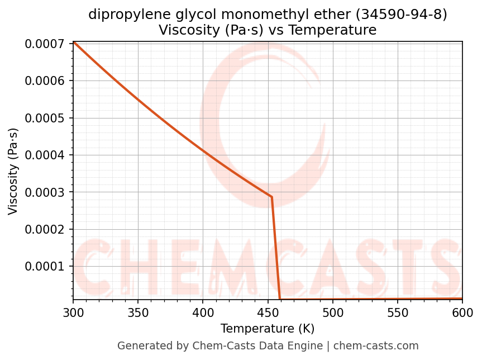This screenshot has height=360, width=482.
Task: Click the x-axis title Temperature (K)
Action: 268,328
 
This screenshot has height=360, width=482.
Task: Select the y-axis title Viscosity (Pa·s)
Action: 13,171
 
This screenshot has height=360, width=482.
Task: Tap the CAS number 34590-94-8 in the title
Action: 401,15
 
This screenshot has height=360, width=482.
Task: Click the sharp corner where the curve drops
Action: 271,197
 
